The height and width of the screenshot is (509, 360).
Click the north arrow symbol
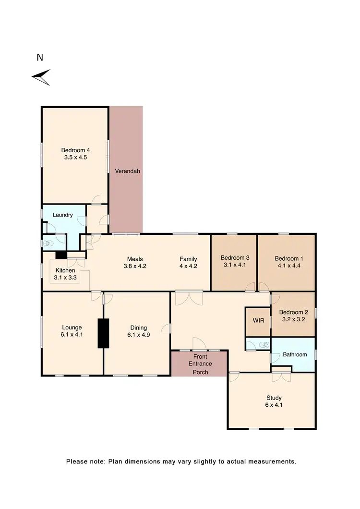pos(41,77)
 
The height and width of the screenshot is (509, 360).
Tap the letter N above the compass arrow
pos(40,58)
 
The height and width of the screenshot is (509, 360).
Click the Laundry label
pos(63,216)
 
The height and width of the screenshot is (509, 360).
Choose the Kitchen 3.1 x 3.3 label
pos(65,274)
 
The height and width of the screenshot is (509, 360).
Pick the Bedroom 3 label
pos(234,261)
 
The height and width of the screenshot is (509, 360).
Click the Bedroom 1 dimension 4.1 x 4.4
pos(287,265)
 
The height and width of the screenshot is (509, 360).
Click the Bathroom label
pos(294,354)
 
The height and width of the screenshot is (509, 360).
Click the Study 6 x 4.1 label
pos(274,401)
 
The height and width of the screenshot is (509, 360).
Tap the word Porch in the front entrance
pos(200,372)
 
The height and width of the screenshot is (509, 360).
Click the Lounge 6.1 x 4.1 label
pos(72,331)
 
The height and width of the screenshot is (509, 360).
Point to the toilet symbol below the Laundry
pos(47,243)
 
